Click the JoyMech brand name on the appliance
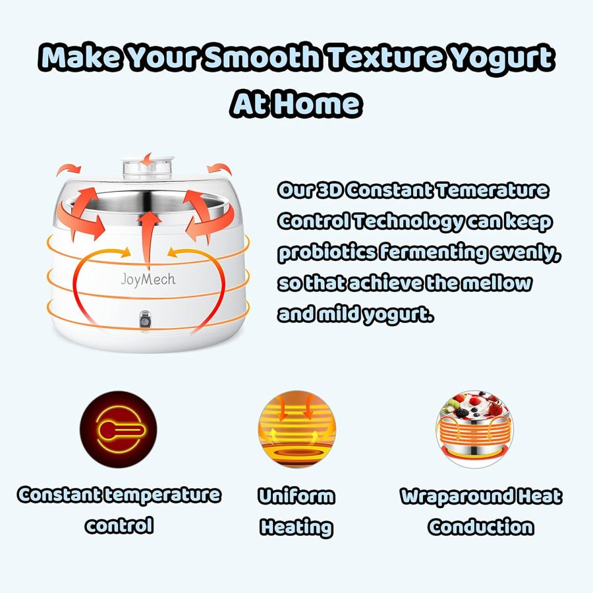(x=148, y=279)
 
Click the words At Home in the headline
(x=296, y=103)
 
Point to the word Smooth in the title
(x=262, y=59)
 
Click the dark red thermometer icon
(x=119, y=430)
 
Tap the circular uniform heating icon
(x=296, y=430)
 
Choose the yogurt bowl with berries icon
(x=474, y=430)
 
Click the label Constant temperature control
(x=119, y=509)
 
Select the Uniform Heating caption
(x=296, y=511)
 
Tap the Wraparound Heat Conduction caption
(x=481, y=511)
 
